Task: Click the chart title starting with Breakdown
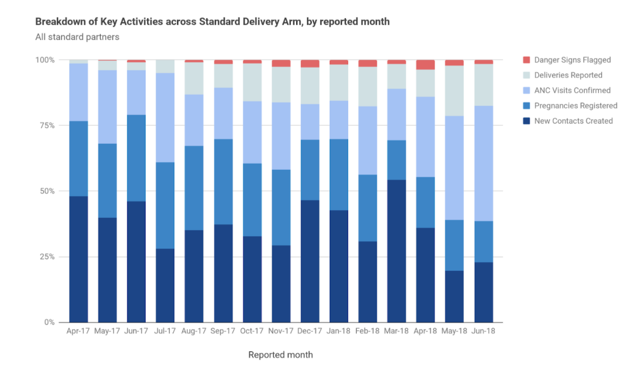coord(212,22)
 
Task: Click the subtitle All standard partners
coord(77,37)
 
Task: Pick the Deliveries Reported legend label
coord(568,75)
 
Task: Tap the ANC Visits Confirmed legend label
coord(572,90)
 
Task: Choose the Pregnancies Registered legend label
coord(575,105)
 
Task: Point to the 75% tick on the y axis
coord(46,125)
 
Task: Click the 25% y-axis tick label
coord(46,257)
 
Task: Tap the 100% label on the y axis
coord(44,60)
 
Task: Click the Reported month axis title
coord(280,355)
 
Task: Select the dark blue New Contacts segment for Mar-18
coord(396,251)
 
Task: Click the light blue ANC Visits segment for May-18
coord(454,168)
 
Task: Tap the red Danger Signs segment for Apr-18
coord(426,65)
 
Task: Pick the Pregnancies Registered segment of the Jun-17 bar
coord(136,158)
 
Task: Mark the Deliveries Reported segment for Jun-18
coord(483,85)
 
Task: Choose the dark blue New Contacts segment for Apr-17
coord(78,259)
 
